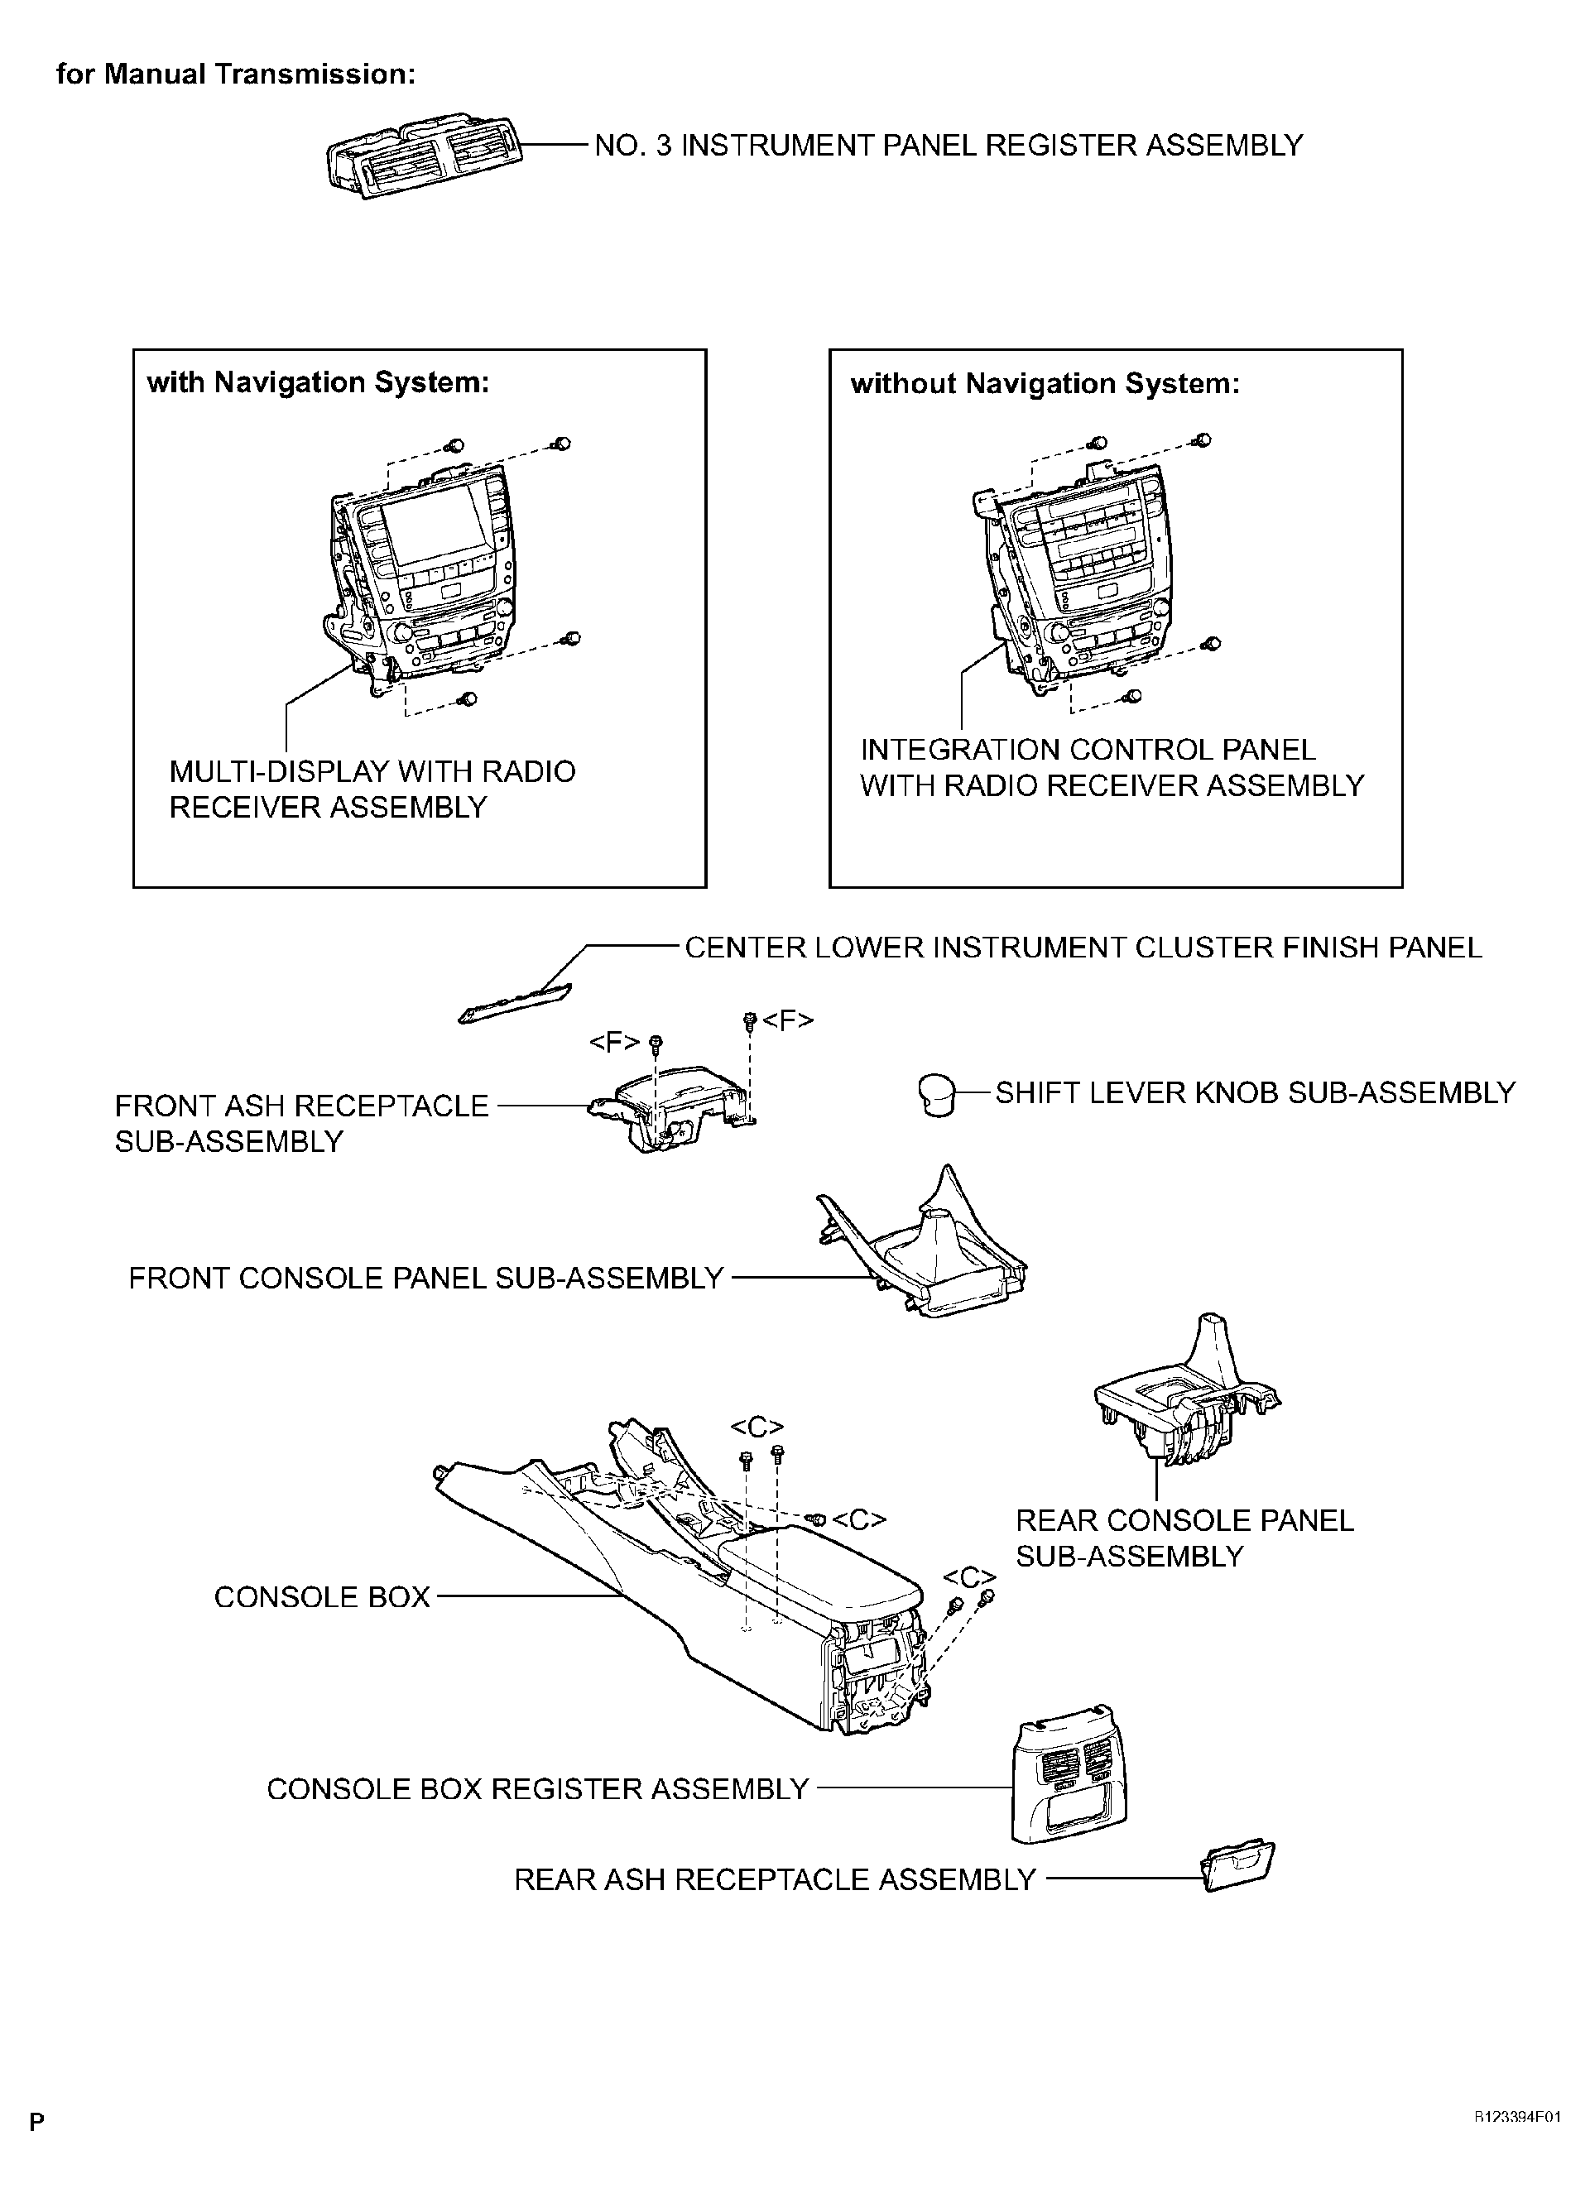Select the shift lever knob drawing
click(935, 1093)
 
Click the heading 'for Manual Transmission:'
click(236, 74)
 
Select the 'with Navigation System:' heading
click(318, 383)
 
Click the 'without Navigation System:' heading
click(1045, 384)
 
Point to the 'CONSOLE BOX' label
click(321, 1597)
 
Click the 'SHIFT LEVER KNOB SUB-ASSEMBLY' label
click(1255, 1093)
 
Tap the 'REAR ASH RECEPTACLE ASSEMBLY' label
click(775, 1879)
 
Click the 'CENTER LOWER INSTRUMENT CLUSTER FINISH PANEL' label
click(1083, 948)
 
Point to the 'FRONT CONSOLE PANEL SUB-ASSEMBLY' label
click(425, 1279)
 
